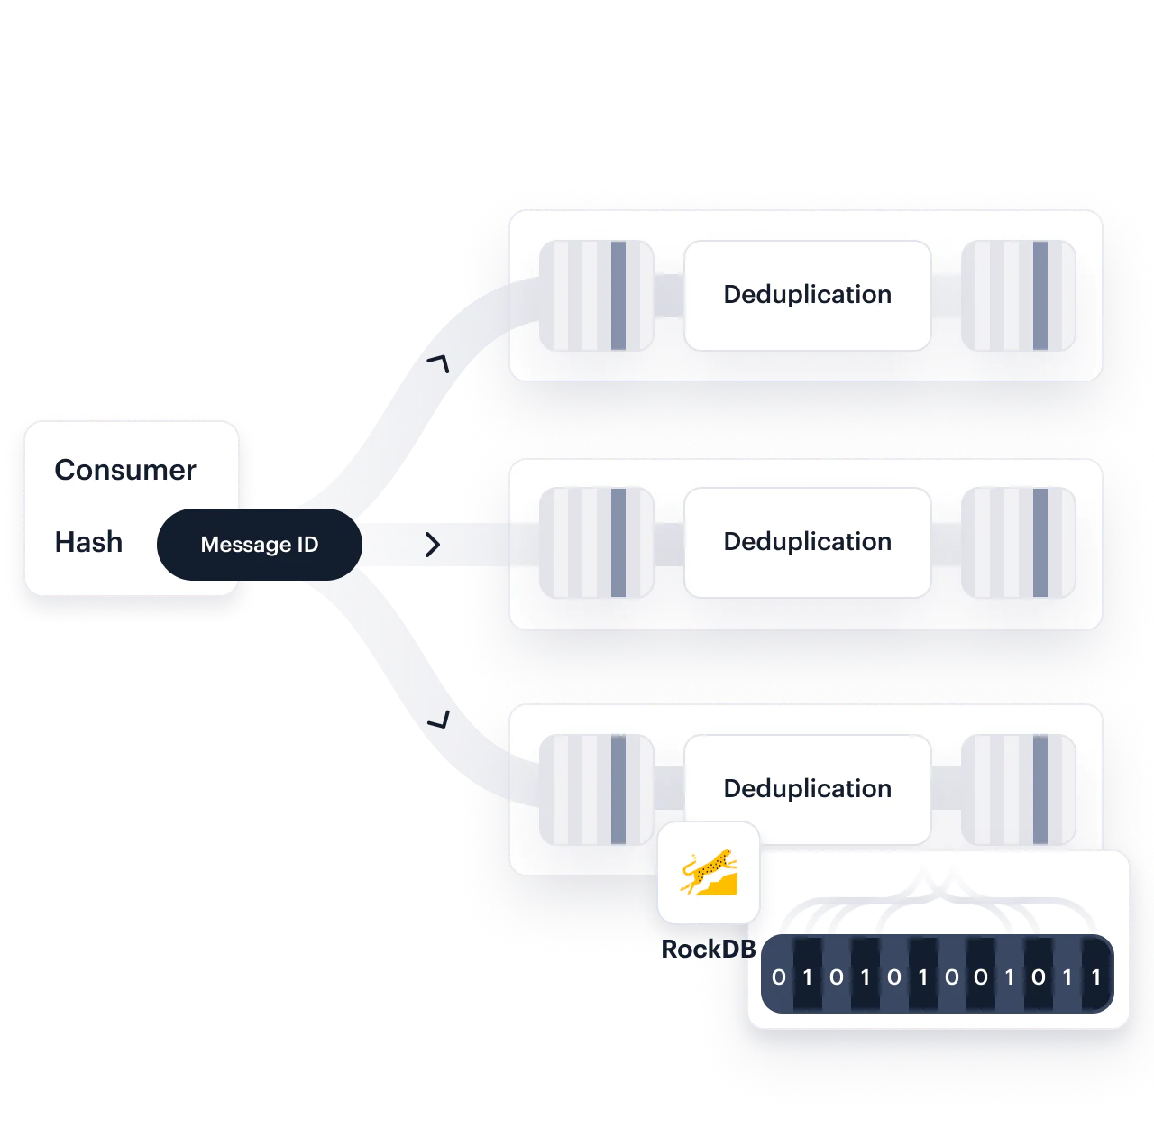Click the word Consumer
(125, 470)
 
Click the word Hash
(88, 542)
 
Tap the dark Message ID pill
(260, 545)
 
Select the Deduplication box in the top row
(807, 295)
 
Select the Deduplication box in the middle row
(807, 542)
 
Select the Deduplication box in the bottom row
(807, 788)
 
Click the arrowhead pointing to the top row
(438, 363)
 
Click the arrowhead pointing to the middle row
(433, 544)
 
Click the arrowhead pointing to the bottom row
(439, 720)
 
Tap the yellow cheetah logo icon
(709, 873)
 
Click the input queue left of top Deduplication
(596, 296)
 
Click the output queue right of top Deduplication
(1018, 296)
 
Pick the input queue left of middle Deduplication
(596, 543)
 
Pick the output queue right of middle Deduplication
(1018, 543)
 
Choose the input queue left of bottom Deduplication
(596, 790)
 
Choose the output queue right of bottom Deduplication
(1018, 790)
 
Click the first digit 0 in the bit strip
(779, 977)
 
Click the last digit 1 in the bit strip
(1095, 977)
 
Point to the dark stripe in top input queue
(618, 296)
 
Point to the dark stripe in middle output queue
(1040, 543)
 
